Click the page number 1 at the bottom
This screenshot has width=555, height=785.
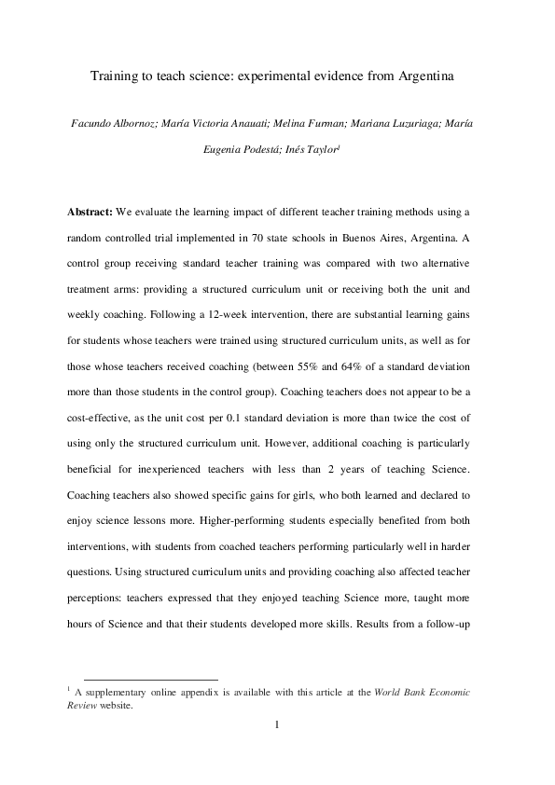(277, 725)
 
